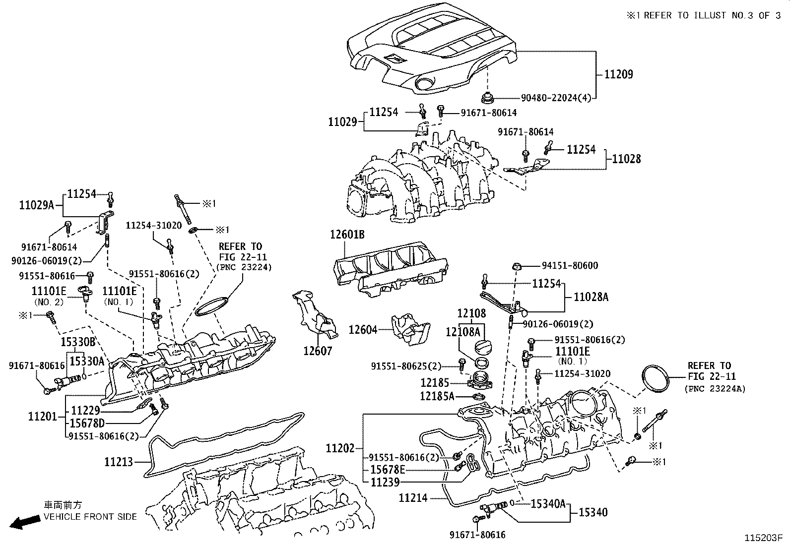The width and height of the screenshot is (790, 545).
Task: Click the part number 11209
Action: (x=618, y=74)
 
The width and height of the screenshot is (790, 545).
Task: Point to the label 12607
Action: (x=318, y=351)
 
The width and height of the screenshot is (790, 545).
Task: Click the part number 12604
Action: (x=363, y=329)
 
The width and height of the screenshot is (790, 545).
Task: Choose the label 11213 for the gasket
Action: (x=119, y=462)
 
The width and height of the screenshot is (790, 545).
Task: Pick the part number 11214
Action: (x=413, y=497)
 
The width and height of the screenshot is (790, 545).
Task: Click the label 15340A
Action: (x=548, y=504)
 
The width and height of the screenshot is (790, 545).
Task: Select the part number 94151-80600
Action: (x=570, y=266)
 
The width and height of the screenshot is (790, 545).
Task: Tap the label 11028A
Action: (x=591, y=297)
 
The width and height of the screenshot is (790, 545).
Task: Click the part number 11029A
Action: (x=36, y=205)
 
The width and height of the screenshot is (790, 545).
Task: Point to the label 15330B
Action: (x=78, y=342)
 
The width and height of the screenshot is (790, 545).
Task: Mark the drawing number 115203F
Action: (x=763, y=538)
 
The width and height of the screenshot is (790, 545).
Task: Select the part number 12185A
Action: (x=437, y=396)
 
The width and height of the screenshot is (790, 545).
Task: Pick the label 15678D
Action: (x=87, y=423)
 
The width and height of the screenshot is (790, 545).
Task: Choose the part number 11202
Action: (x=340, y=449)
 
